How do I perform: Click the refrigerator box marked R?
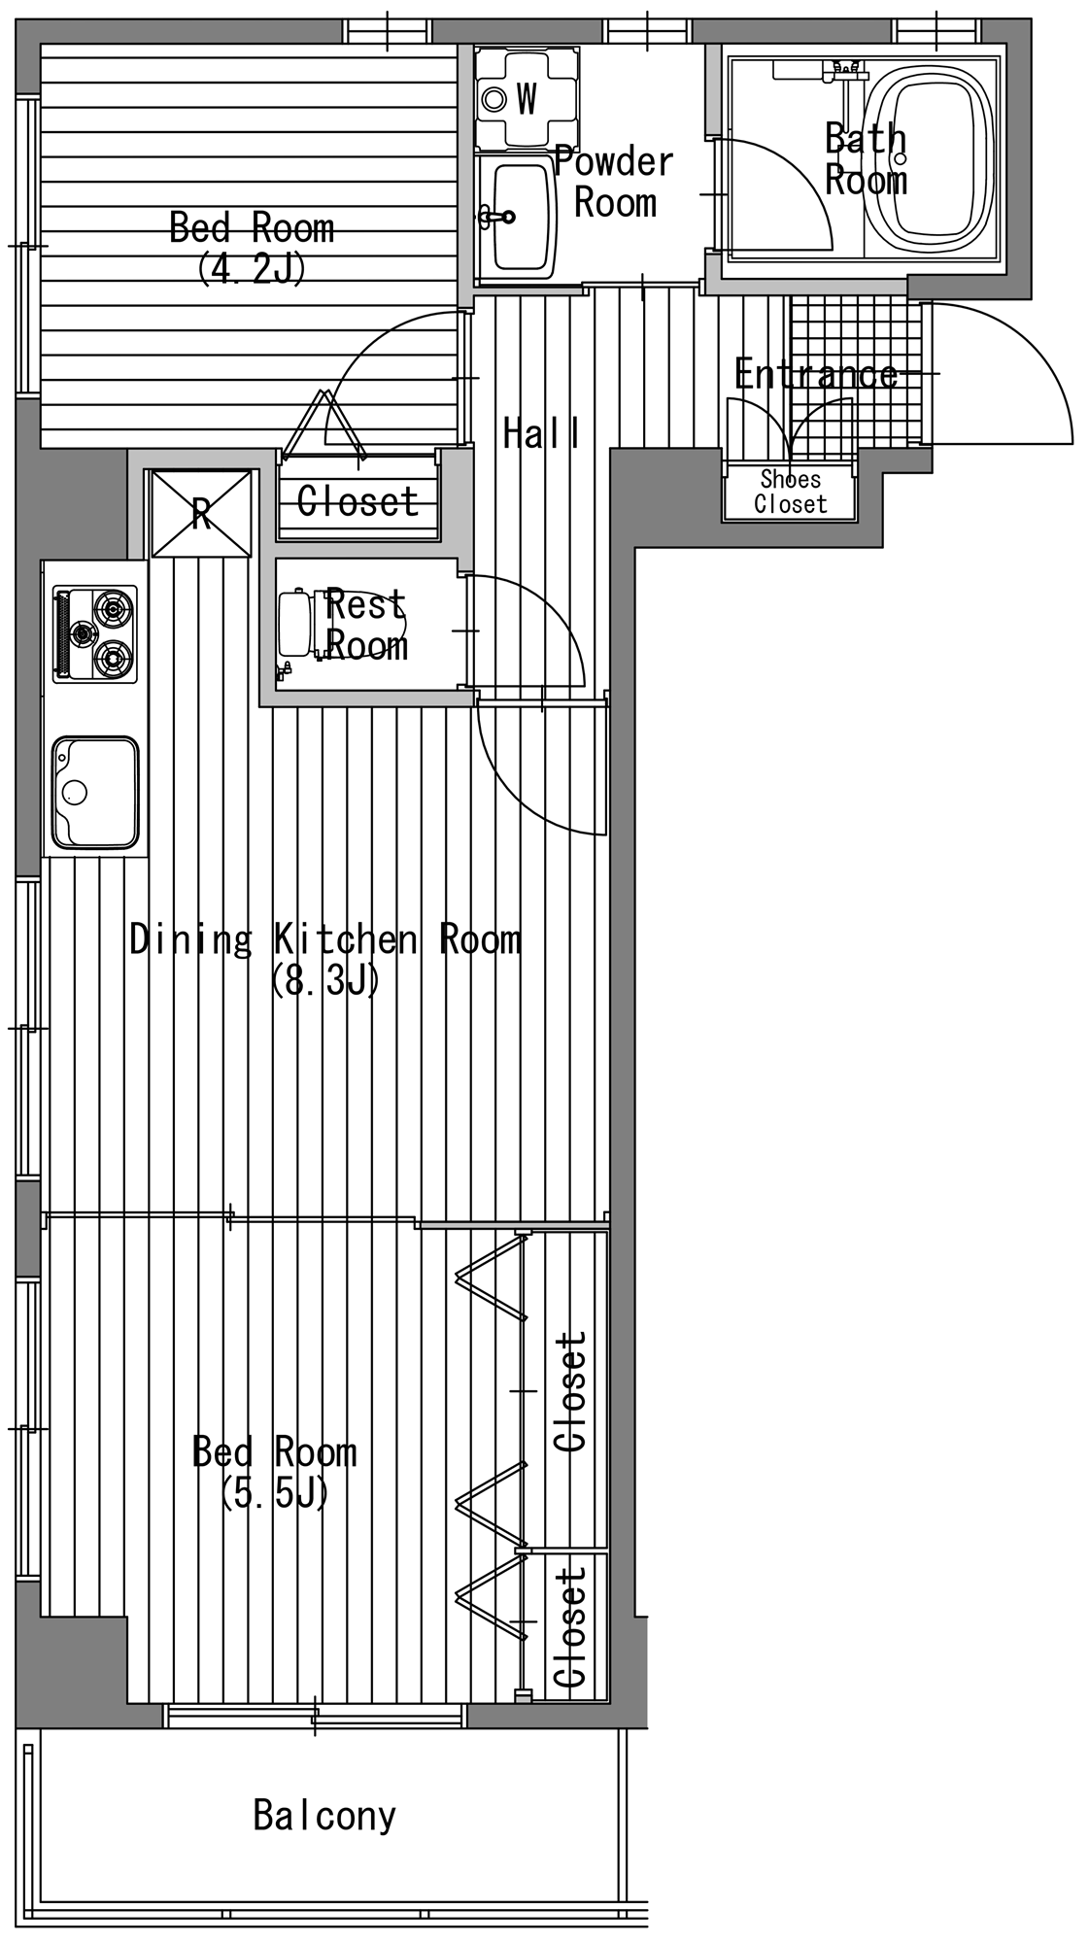point(200,513)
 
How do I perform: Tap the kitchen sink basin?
point(95,793)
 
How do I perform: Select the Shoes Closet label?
point(790,492)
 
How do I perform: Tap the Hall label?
point(541,433)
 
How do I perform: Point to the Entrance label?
point(816,374)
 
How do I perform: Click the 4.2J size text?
point(252,267)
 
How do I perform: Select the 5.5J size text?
point(275,1493)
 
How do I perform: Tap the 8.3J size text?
point(325,980)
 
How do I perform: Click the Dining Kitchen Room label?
point(325,939)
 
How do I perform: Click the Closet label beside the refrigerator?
point(357,501)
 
